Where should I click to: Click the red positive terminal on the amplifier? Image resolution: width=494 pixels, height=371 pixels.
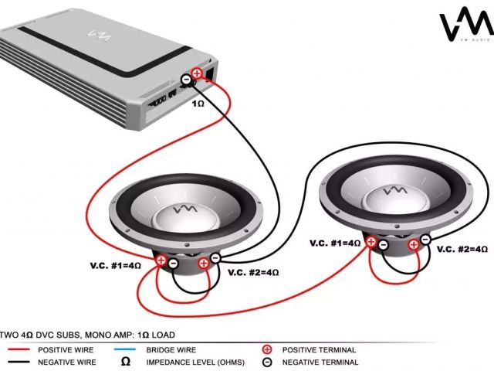(197, 73)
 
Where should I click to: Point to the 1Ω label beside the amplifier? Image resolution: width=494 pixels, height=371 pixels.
(198, 103)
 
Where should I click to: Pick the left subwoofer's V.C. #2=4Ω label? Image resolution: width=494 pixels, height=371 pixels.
(253, 272)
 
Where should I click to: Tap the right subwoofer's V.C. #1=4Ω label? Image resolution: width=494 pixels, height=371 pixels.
(336, 243)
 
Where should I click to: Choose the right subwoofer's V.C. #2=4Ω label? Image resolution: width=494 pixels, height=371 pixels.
(462, 249)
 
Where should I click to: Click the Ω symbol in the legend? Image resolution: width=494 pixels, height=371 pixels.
(124, 362)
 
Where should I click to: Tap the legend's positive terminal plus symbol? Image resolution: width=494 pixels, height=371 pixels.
(267, 350)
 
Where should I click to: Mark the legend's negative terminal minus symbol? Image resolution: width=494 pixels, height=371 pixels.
(267, 362)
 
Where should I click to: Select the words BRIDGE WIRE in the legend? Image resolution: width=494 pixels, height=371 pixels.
(171, 350)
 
